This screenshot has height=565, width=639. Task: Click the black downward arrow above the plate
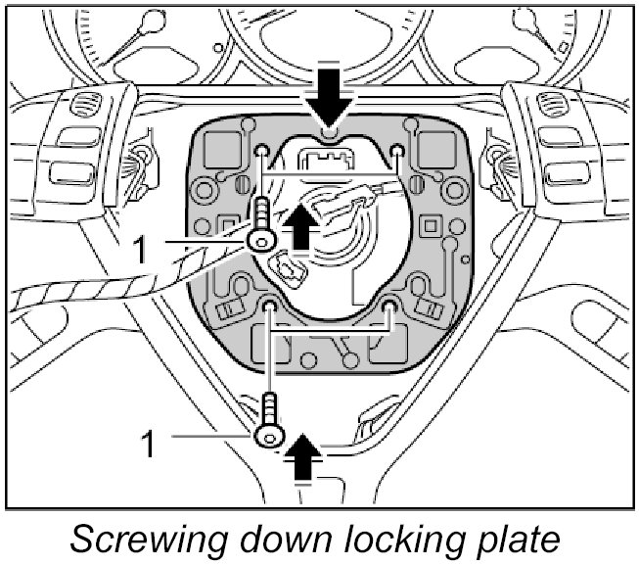[x=329, y=95]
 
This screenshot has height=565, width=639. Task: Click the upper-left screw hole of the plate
[x=264, y=150]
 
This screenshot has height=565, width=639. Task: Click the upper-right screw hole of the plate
[x=397, y=150]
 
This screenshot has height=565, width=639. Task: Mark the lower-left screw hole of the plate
[x=270, y=310]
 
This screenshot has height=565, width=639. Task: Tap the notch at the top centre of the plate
[x=330, y=131]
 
